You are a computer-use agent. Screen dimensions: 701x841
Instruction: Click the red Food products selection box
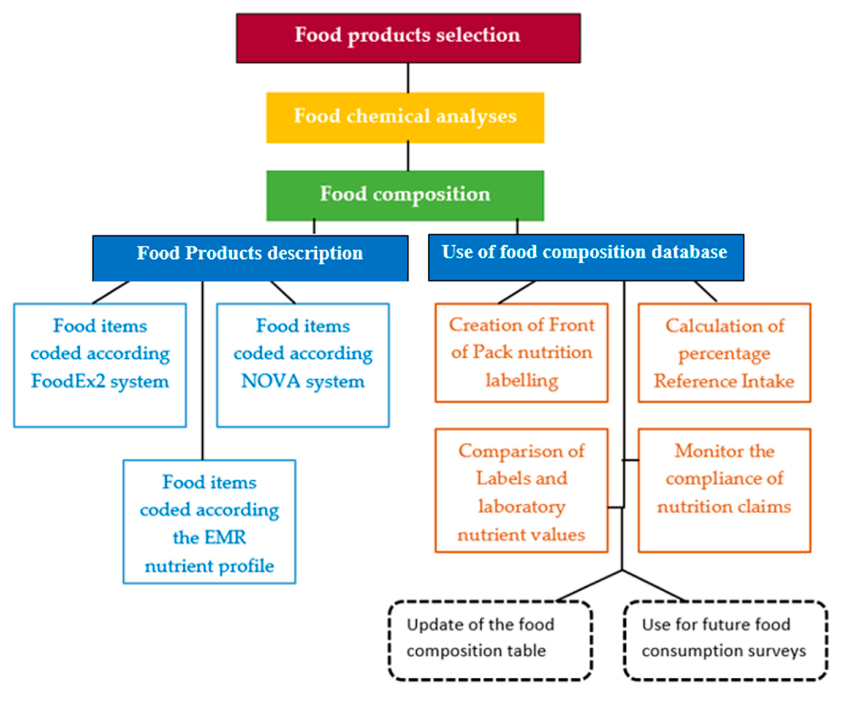click(x=408, y=38)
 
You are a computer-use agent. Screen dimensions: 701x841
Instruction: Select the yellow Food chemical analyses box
click(x=405, y=117)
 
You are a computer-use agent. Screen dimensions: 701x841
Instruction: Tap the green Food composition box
click(x=405, y=196)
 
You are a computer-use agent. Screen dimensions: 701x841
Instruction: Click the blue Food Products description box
click(x=250, y=257)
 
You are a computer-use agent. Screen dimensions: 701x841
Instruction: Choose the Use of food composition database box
click(x=585, y=257)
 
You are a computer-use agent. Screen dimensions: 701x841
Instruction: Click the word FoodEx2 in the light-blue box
click(x=68, y=381)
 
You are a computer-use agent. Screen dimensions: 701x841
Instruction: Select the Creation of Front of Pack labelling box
click(x=521, y=352)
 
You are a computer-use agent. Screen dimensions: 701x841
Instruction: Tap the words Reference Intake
click(x=724, y=381)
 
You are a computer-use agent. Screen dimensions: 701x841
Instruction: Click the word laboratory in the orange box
click(x=521, y=506)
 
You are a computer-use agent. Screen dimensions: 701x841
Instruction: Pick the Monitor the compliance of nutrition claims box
click(x=724, y=491)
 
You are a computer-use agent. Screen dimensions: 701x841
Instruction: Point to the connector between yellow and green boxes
click(x=408, y=156)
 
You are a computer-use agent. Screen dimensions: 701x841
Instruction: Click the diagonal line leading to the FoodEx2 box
click(x=111, y=292)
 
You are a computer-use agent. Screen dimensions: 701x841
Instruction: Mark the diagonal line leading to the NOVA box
click(x=283, y=292)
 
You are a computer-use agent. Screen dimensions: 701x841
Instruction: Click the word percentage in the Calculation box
click(x=724, y=353)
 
